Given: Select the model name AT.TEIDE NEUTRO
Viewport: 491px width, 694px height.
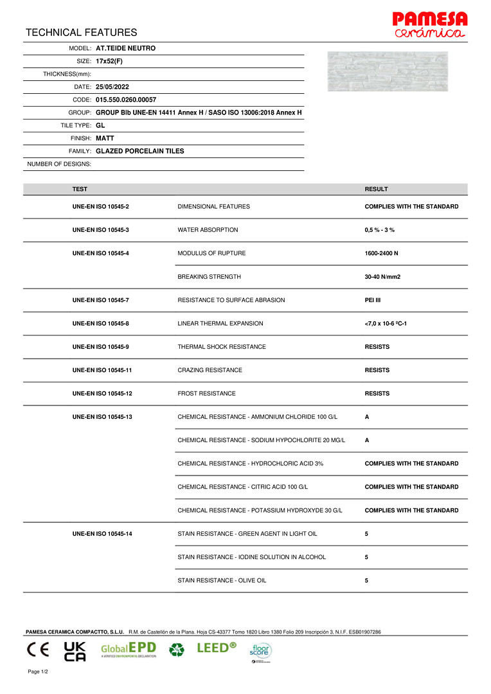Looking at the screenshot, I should (x=125, y=48).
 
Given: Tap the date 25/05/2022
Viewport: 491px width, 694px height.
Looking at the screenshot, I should (x=112, y=87).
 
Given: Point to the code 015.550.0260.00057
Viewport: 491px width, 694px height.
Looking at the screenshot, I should (x=126, y=100).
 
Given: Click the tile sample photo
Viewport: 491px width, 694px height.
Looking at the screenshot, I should (x=388, y=71).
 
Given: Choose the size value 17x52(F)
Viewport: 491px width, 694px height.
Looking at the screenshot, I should (x=109, y=61).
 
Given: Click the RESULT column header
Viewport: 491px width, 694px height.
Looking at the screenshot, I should (x=376, y=189).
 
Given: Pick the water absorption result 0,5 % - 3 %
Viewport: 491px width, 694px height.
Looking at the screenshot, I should (x=379, y=230).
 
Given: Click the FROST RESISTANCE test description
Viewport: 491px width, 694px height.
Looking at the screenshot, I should (x=206, y=393).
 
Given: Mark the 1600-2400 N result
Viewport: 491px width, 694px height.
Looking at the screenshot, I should (x=381, y=253).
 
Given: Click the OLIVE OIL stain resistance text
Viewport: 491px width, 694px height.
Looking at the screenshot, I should (x=222, y=580).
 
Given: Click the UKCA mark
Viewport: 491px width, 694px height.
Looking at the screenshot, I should (x=75, y=650).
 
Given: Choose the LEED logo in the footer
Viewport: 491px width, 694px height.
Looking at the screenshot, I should (x=216, y=648).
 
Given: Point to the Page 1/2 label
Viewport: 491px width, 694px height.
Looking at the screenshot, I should (x=38, y=672).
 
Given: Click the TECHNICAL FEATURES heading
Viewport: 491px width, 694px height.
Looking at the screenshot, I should (x=82, y=32).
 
